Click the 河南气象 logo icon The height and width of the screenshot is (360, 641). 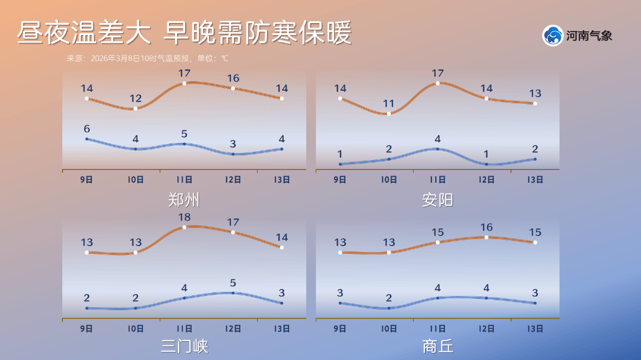pyautogui.click(x=553, y=36)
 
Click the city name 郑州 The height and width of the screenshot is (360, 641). pyautogui.click(x=184, y=200)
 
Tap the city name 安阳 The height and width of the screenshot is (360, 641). pyautogui.click(x=437, y=200)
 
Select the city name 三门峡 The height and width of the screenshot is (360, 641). pyautogui.click(x=184, y=346)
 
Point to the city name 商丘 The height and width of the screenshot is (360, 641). pyautogui.click(x=437, y=346)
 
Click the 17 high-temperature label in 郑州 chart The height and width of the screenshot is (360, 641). pyautogui.click(x=184, y=74)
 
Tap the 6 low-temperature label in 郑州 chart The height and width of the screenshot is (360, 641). pyautogui.click(x=87, y=129)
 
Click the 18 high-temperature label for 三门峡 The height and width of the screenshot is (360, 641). pyautogui.click(x=184, y=217)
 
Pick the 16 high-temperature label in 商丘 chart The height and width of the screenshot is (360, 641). pyautogui.click(x=486, y=227)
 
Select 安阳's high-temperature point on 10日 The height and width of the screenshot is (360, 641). pyautogui.click(x=389, y=113)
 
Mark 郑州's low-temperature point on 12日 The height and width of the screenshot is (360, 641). pyautogui.click(x=233, y=154)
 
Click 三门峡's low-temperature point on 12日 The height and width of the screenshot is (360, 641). pyautogui.click(x=233, y=292)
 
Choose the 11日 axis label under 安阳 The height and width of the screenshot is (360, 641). pyautogui.click(x=437, y=180)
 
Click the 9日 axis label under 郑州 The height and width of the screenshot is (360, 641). pyautogui.click(x=87, y=180)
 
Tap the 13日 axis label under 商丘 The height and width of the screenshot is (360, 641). pyautogui.click(x=535, y=328)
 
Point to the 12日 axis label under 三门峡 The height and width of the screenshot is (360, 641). pyautogui.click(x=233, y=328)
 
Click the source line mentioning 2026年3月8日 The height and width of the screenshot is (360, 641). pyautogui.click(x=147, y=59)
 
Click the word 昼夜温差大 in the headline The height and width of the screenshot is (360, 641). pyautogui.click(x=83, y=33)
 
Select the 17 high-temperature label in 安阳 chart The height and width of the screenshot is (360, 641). pyautogui.click(x=437, y=74)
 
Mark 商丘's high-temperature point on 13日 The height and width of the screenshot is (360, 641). pyautogui.click(x=535, y=242)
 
